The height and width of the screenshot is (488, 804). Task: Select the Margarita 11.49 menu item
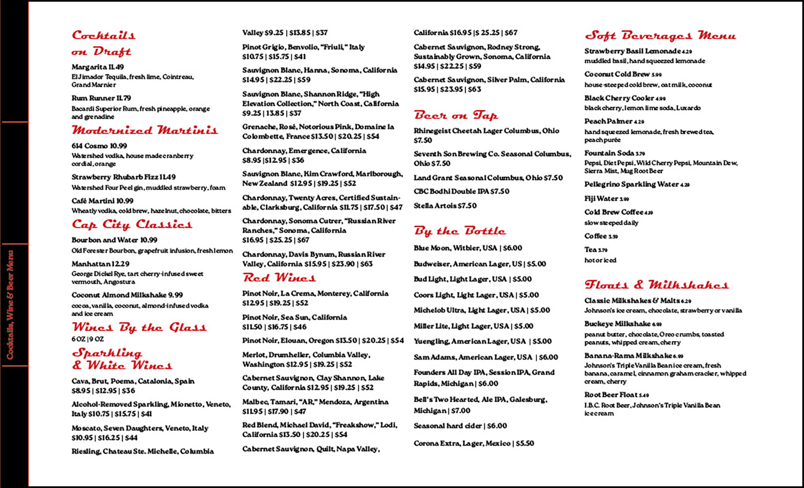[98, 67]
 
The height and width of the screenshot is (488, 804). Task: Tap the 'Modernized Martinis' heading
[145, 130]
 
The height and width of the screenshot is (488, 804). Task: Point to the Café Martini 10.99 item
[102, 201]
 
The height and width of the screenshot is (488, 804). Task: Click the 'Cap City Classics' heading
[132, 224]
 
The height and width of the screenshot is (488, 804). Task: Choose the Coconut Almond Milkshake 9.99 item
[127, 295]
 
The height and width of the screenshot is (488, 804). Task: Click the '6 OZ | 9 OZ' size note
[88, 339]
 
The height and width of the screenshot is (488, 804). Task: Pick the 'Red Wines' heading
[279, 278]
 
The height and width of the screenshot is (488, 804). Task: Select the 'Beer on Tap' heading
[456, 115]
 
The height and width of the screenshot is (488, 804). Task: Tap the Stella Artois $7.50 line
[445, 206]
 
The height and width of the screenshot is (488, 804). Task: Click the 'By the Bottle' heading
[460, 231]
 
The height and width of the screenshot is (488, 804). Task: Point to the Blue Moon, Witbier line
[468, 248]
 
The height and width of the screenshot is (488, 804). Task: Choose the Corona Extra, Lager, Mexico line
[474, 443]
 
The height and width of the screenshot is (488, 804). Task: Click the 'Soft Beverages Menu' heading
[660, 36]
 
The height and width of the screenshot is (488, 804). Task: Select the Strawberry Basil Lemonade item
[638, 51]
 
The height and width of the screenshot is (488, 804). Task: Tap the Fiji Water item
[606, 198]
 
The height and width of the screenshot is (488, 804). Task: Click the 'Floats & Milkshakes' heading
[656, 285]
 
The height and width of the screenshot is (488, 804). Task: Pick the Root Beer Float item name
[616, 395]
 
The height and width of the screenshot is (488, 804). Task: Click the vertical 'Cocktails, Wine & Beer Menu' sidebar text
[10, 305]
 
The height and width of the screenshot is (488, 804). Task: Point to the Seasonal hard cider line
[460, 426]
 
